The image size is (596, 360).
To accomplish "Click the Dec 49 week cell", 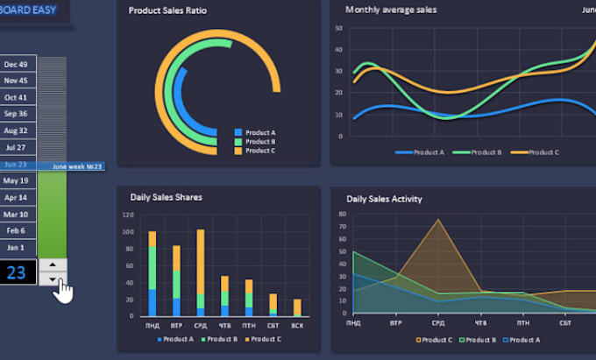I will point(17,64).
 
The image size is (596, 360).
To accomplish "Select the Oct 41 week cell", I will point(17,97).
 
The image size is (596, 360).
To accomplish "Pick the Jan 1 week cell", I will point(17,248).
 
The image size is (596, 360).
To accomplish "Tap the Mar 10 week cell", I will point(17,214).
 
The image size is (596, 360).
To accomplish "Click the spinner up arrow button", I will point(53,265).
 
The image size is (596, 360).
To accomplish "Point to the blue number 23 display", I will point(18,272).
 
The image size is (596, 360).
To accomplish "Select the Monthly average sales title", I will point(391,11).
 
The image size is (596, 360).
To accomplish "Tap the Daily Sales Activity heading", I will point(384,199).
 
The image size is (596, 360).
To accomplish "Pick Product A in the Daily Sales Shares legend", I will point(178,339).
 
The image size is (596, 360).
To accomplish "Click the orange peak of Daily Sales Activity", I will point(438,220).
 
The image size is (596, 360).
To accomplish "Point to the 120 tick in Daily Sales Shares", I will point(127,215).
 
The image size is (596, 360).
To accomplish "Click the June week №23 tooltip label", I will point(77,166).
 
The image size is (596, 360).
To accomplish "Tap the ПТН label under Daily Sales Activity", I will point(522,322).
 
